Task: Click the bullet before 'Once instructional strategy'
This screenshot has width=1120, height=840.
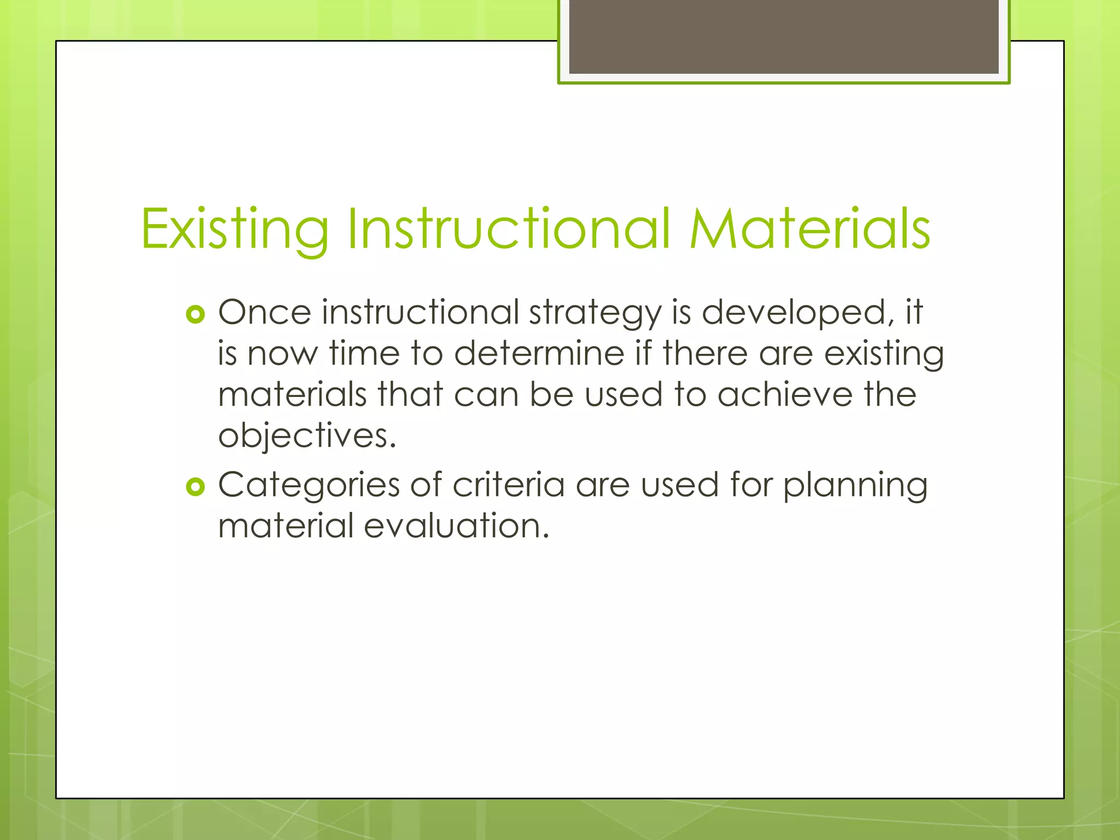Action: [195, 314]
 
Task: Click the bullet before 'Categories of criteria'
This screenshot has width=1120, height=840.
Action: [195, 486]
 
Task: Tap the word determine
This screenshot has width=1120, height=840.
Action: [539, 353]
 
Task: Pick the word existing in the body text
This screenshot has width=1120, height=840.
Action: [884, 354]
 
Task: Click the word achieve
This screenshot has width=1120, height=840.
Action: [785, 394]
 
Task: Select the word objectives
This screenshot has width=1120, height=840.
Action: [306, 436]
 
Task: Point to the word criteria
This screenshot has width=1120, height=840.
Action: [509, 485]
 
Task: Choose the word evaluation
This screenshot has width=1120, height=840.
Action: [456, 526]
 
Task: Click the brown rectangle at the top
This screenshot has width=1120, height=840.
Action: [784, 37]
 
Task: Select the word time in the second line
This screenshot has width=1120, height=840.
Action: [364, 353]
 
